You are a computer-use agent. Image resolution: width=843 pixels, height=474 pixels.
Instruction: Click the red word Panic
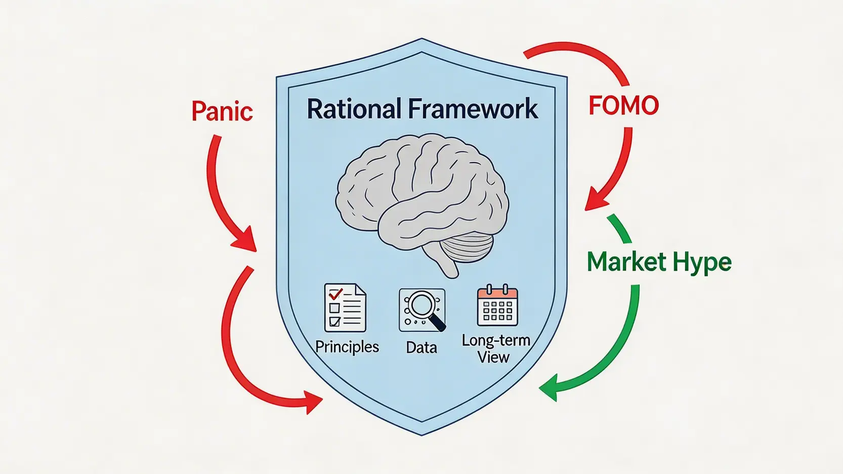[x=222, y=111]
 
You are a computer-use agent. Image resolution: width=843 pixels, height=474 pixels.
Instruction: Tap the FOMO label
[x=623, y=106]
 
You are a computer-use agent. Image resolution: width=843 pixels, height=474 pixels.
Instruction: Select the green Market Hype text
[x=659, y=262]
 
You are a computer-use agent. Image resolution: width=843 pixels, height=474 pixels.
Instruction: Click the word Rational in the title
[x=354, y=109]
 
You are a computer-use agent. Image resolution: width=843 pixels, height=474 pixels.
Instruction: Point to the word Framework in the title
[x=473, y=109]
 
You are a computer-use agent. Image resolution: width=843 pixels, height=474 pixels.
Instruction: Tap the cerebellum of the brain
[x=467, y=247]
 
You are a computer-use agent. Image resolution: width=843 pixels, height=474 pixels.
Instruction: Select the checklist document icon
[x=345, y=308]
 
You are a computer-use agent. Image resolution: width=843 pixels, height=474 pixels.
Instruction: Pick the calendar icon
[x=497, y=307]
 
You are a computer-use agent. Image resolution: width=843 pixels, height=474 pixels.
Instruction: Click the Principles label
[x=347, y=347]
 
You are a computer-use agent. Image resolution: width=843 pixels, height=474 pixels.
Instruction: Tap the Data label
[x=421, y=348]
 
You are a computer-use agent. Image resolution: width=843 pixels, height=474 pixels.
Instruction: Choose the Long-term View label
[x=495, y=349]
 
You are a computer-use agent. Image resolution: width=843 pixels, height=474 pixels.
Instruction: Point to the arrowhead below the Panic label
[x=246, y=240]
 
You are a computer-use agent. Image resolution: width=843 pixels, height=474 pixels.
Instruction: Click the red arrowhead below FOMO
[x=595, y=200]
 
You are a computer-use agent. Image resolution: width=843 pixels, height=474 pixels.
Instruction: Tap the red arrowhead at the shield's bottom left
[x=312, y=402]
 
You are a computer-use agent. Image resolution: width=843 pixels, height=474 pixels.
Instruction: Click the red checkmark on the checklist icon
[x=335, y=293]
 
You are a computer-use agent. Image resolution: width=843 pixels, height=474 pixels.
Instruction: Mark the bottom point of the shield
[x=421, y=434]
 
